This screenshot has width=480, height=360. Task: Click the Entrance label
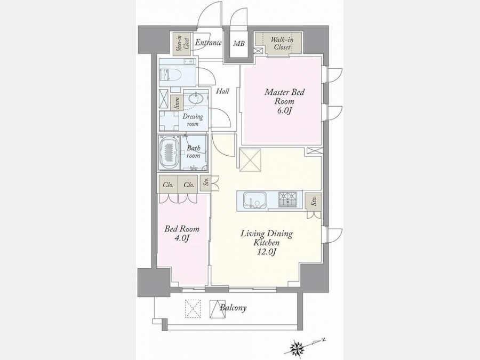(208, 42)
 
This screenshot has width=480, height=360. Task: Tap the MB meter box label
(239, 44)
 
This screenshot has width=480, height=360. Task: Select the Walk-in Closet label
(282, 44)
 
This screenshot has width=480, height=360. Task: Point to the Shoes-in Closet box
(182, 44)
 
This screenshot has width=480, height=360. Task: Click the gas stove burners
(288, 199)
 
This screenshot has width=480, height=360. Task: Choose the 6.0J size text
(284, 110)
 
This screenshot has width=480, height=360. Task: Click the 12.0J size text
(266, 252)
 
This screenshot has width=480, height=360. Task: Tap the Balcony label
(233, 307)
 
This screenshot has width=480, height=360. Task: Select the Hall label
(222, 91)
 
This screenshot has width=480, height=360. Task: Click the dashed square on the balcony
(193, 309)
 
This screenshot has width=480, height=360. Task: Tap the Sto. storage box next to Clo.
(206, 183)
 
